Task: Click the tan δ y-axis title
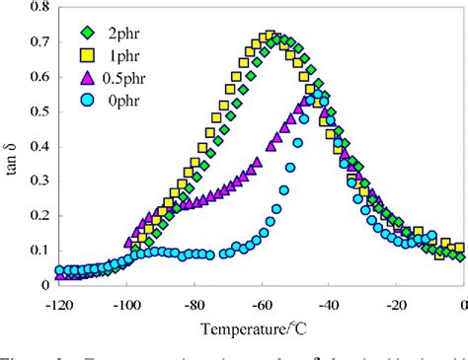point(11,148)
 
